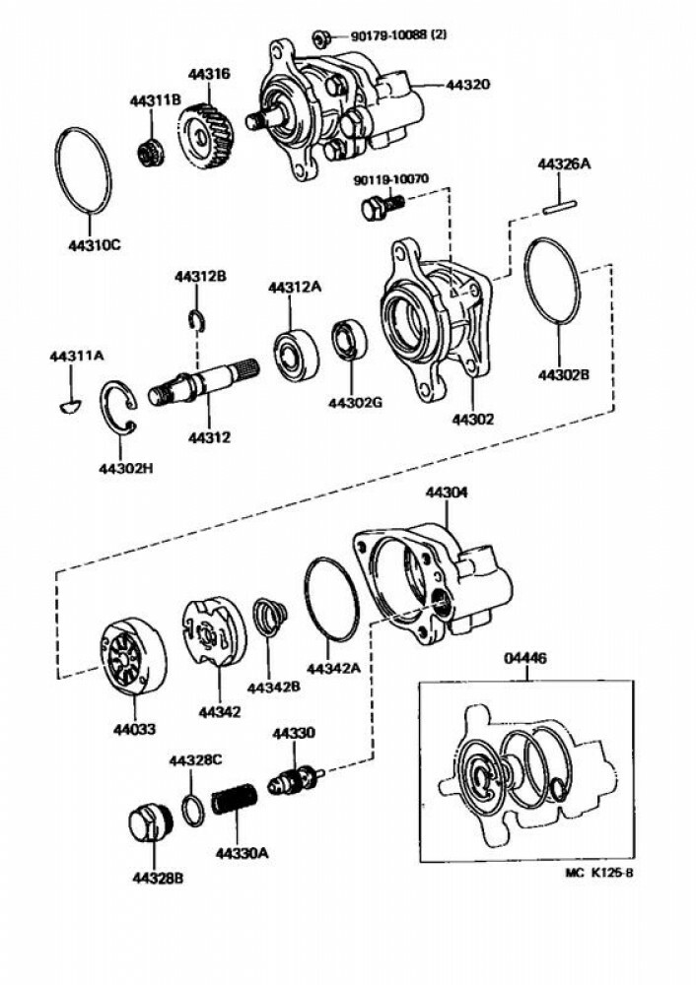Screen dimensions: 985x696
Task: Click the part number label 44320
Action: [468, 86]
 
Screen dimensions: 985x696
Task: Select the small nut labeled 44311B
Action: [150, 153]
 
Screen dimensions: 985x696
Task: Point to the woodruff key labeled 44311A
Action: [69, 401]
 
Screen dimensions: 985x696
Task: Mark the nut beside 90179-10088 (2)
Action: [319, 39]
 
